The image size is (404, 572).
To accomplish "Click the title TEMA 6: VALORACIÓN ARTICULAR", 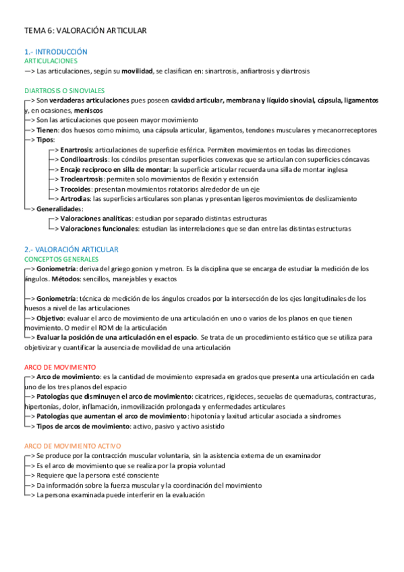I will click(x=85, y=30).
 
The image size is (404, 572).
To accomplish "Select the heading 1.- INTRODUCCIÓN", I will click(x=56, y=52).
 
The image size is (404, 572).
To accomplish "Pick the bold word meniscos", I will click(x=88, y=110).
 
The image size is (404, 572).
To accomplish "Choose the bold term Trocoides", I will click(x=76, y=190).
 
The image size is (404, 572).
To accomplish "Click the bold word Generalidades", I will click(x=59, y=209).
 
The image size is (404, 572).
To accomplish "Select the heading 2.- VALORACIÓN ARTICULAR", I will click(x=71, y=250).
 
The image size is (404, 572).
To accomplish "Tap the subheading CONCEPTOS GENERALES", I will click(x=61, y=259).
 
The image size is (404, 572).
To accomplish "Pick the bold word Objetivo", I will click(x=51, y=318).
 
